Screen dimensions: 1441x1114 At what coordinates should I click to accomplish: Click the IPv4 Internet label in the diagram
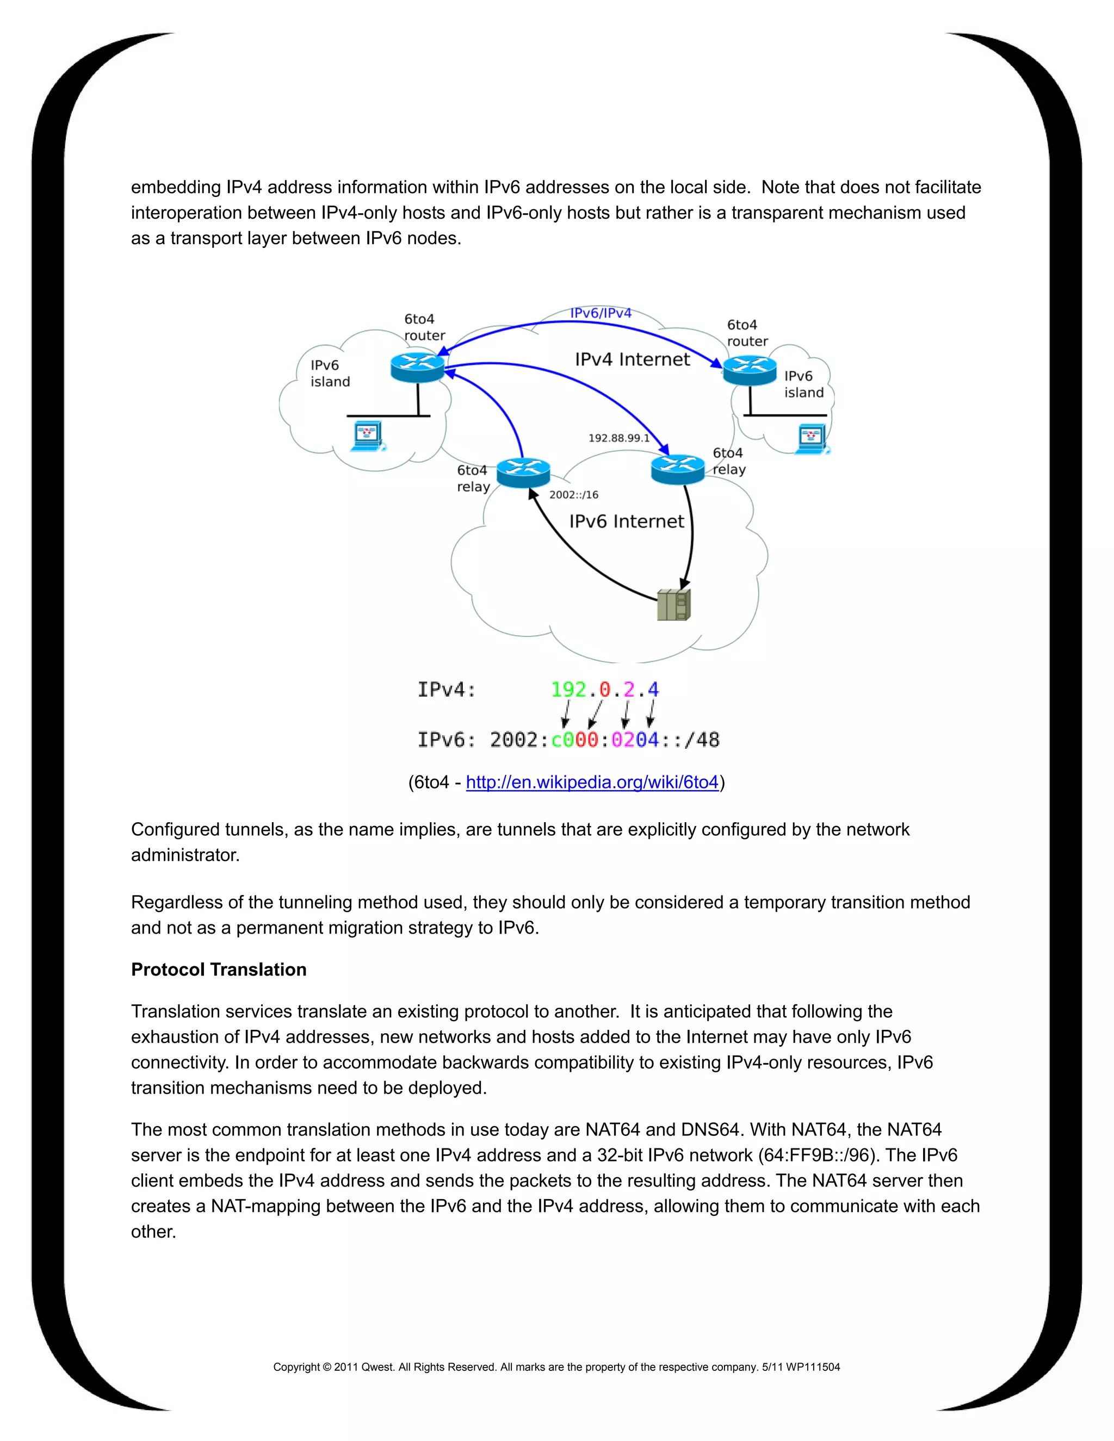point(632,359)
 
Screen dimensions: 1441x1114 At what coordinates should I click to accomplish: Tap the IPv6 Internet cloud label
point(626,521)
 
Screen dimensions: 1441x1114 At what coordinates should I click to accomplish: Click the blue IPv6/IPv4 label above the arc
point(601,313)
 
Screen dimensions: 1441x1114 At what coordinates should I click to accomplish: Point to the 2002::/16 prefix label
point(573,495)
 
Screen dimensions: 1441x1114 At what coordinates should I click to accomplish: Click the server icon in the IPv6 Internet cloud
point(674,604)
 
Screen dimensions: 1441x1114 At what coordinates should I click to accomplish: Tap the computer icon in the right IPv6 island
point(812,440)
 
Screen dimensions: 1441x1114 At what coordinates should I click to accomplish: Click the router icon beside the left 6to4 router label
point(417,367)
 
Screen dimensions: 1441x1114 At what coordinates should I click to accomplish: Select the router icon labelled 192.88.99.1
point(678,469)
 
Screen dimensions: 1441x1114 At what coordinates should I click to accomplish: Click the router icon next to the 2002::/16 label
point(523,473)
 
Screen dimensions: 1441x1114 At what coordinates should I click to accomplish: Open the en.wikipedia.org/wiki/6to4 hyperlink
point(592,782)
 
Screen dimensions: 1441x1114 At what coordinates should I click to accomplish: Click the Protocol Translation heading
point(219,969)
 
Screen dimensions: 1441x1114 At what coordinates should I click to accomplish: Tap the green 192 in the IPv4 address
point(568,690)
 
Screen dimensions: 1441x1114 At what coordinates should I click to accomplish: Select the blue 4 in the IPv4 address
point(653,690)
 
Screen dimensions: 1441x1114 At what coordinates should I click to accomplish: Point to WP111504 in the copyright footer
point(813,1367)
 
